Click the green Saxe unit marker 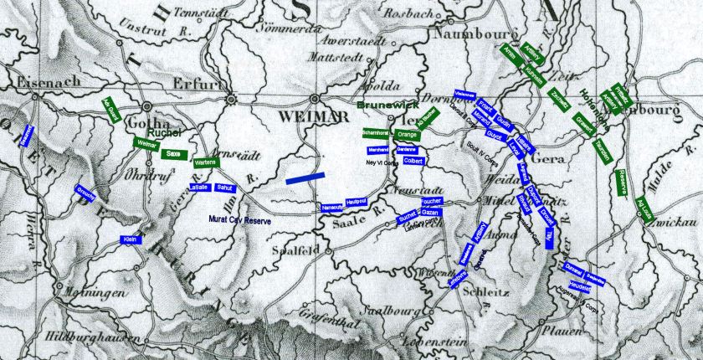(174, 154)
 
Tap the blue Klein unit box (130, 239)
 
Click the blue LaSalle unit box (199, 188)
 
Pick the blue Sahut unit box (224, 188)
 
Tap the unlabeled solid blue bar (305, 178)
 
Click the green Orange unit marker (408, 135)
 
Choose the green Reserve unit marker (621, 182)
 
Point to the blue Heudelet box (580, 286)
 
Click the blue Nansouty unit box (333, 207)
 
